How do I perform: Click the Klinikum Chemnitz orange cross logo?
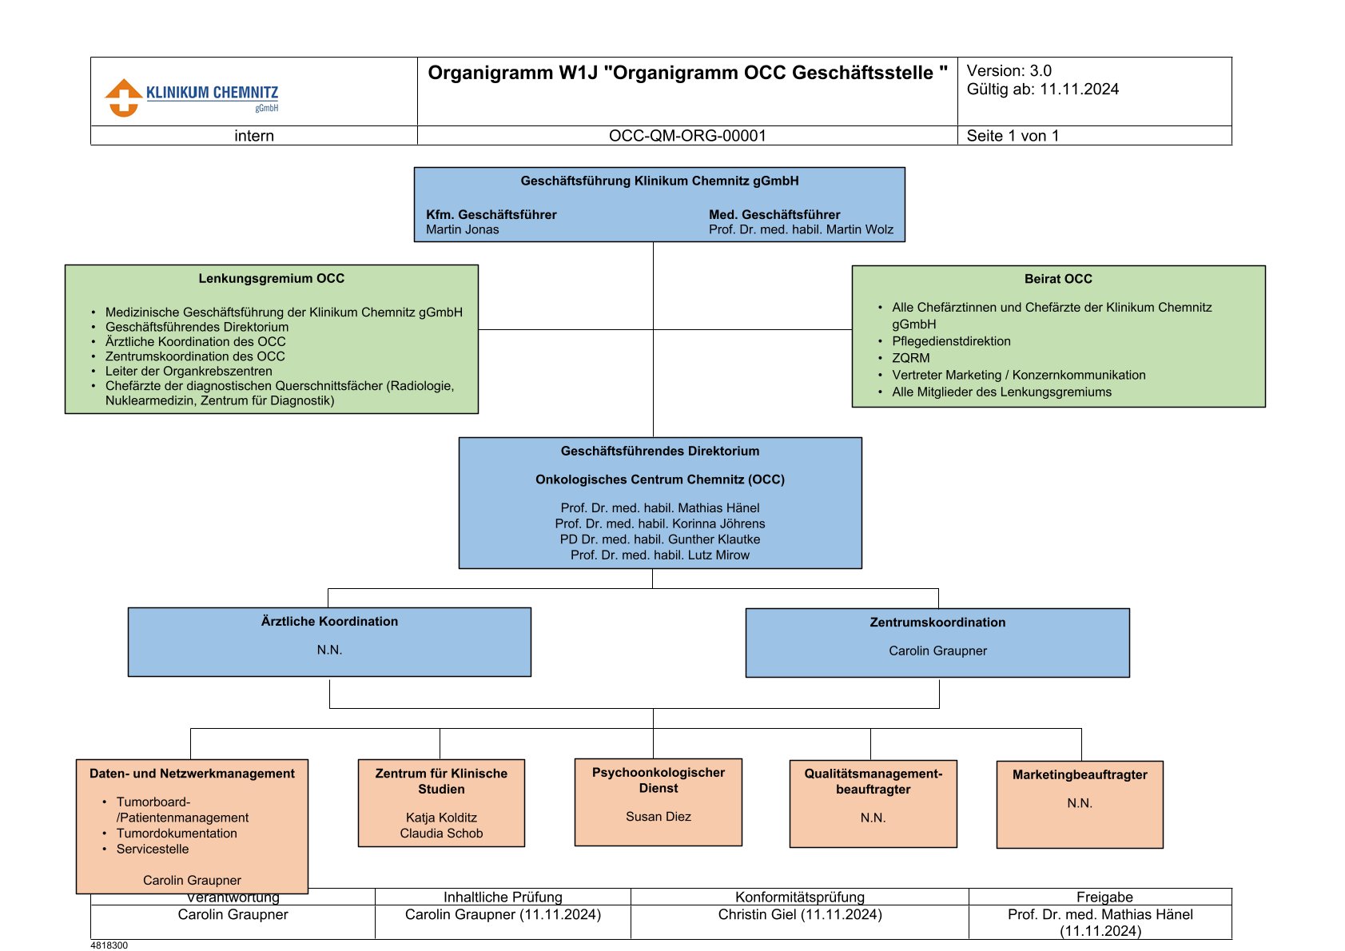pos(125,97)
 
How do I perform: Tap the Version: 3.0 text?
pos(1009,71)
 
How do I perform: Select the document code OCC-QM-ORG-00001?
pos(687,136)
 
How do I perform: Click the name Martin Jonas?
pos(463,229)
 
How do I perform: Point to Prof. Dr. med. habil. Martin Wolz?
pos(801,229)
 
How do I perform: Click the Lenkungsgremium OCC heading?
pos(272,279)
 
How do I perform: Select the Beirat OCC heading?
pos(1058,279)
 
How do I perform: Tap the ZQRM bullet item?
pos(911,359)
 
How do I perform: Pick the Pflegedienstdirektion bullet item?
pos(951,341)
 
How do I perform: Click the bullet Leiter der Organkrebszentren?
pos(189,371)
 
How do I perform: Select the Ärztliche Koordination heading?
pos(329,622)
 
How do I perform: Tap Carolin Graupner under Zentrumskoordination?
pos(938,651)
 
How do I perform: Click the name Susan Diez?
pos(659,817)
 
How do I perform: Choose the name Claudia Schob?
pos(441,834)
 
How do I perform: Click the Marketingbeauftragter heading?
pos(1080,775)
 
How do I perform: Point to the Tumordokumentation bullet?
pos(177,834)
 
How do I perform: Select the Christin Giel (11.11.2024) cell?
pos(800,914)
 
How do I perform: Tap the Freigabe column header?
pos(1104,897)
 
